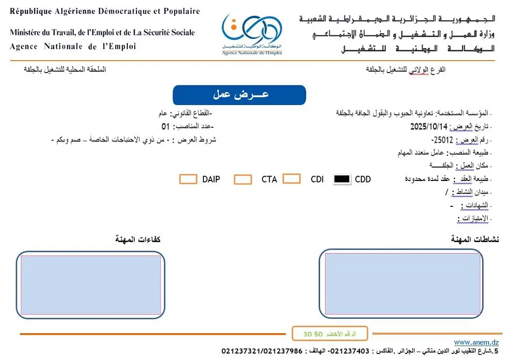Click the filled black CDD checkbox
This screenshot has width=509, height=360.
pos(342,180)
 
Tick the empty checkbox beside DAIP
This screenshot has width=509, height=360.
pos(188,179)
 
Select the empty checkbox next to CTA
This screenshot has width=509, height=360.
pos(243,180)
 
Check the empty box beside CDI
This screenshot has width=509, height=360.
pos(291,179)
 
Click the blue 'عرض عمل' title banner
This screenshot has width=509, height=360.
pos(239,95)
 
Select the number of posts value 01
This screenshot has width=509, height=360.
pos(166,126)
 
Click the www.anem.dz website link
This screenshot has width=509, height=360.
pos(476,342)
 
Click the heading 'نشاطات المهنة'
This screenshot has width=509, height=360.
pos(475,240)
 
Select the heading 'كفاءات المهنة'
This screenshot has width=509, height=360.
pos(138,240)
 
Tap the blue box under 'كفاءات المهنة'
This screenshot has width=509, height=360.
pos(90,285)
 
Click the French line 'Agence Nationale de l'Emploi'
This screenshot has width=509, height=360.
pos(73,47)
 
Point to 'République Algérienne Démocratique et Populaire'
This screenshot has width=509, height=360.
pos(105,11)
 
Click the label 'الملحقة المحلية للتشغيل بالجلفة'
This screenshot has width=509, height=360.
pos(65,70)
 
